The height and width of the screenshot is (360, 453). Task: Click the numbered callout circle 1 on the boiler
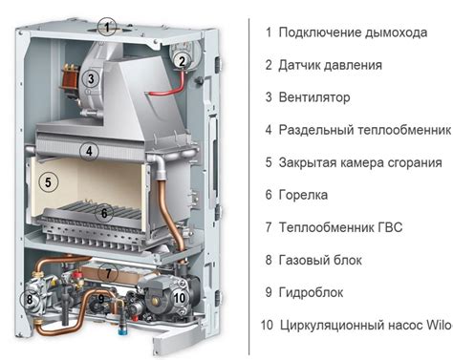tap(109, 26)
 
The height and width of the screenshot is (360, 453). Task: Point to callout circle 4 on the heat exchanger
tap(114, 151)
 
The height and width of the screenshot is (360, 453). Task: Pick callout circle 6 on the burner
tap(106, 213)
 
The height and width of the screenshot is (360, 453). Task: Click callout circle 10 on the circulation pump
tap(180, 298)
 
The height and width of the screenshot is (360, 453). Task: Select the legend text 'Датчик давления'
tap(331, 65)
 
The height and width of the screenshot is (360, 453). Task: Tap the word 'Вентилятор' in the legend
tap(314, 97)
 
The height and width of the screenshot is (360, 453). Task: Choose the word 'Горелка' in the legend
tap(303, 195)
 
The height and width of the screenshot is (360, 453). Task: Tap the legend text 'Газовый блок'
tap(321, 260)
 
